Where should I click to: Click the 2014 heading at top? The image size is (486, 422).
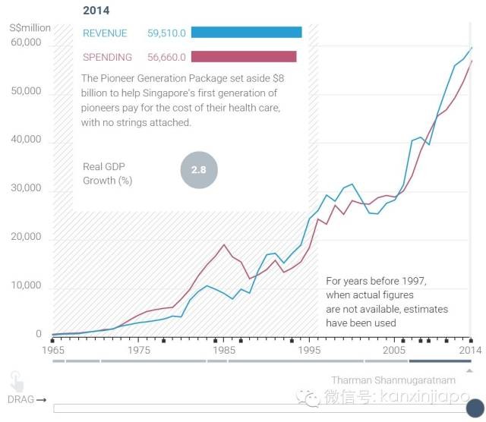click(x=96, y=11)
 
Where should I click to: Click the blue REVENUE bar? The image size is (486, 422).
click(x=246, y=33)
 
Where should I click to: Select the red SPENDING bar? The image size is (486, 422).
click(x=244, y=56)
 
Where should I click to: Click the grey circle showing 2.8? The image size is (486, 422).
click(x=198, y=170)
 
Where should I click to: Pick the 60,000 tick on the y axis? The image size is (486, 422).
click(x=26, y=43)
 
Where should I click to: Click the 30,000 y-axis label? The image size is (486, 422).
click(x=26, y=188)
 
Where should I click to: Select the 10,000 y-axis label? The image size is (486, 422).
click(x=26, y=285)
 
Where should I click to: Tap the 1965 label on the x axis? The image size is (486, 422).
click(x=53, y=351)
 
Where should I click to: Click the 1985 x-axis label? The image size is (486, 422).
click(x=223, y=351)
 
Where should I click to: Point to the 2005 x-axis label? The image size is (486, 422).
click(x=394, y=351)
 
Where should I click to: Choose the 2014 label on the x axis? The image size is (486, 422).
click(x=471, y=351)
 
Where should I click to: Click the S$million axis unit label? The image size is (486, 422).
click(x=30, y=28)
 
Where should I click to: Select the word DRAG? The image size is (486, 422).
click(x=21, y=399)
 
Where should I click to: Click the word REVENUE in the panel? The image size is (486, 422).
click(x=105, y=33)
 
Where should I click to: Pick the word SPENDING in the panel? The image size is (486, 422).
click(x=107, y=57)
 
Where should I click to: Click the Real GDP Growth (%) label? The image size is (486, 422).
click(x=108, y=173)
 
